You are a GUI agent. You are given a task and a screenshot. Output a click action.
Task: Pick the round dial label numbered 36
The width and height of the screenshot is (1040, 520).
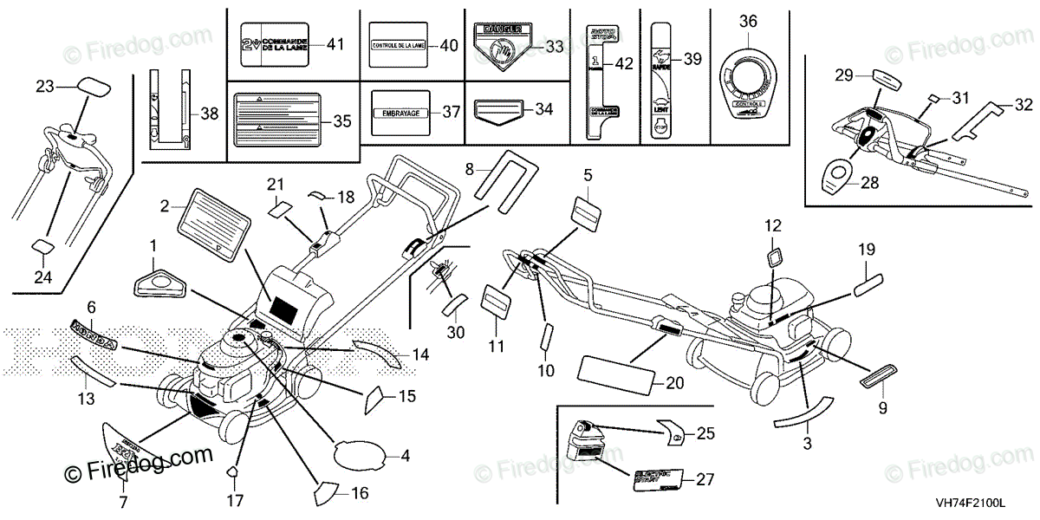[x=747, y=89]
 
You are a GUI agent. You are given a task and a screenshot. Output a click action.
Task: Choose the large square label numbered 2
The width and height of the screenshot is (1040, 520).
[x=211, y=224]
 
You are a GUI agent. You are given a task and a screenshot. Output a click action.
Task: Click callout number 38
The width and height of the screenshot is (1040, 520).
[x=209, y=113]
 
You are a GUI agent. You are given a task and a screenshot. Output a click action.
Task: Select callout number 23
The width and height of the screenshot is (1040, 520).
[x=44, y=86]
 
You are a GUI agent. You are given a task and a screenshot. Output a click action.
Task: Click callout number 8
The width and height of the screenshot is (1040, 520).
[x=470, y=170]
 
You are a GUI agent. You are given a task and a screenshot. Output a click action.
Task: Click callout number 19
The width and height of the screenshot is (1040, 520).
[x=867, y=250]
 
